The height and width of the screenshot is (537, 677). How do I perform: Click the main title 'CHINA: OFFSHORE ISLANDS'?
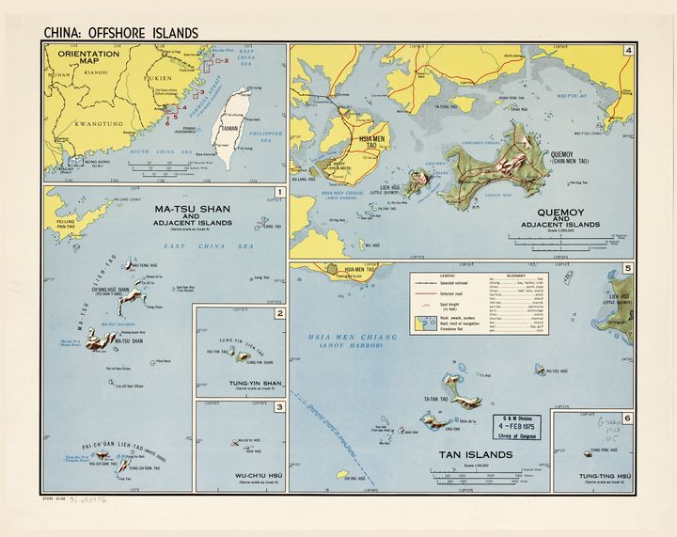tap(121, 33)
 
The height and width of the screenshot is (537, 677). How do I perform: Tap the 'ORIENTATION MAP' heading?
tap(88, 59)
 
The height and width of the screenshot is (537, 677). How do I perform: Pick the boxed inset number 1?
tap(278, 195)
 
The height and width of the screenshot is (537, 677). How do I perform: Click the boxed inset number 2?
tap(279, 313)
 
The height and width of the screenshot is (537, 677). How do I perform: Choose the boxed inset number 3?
tap(279, 407)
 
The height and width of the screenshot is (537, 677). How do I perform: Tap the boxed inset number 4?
tap(627, 51)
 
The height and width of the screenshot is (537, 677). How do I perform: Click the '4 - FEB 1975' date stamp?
tap(520, 422)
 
